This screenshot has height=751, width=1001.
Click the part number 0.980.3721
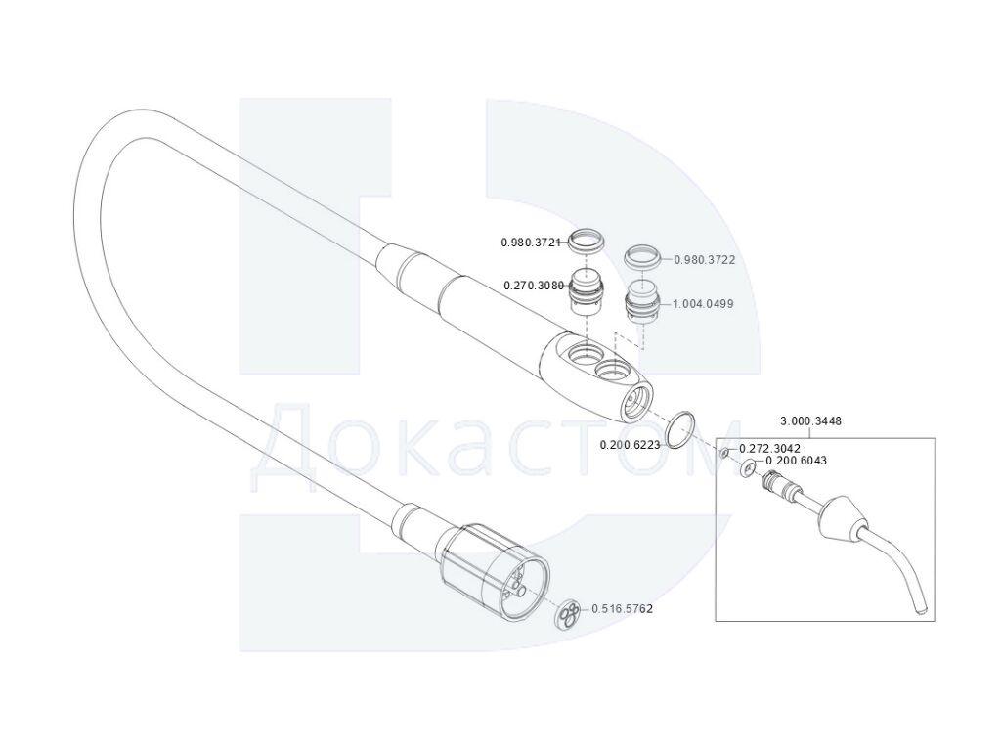(531, 243)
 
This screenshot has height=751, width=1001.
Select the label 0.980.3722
(705, 260)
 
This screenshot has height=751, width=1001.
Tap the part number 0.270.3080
(534, 286)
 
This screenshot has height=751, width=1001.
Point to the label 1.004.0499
(703, 304)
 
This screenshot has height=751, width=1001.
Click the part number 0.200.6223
(631, 445)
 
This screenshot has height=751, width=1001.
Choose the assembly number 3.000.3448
(811, 421)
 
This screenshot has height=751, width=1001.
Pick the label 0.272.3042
(770, 449)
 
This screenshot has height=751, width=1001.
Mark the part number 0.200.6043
(796, 461)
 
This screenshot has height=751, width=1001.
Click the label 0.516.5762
(623, 609)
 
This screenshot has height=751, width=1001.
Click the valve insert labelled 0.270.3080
(587, 291)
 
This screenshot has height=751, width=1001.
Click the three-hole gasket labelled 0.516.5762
(568, 614)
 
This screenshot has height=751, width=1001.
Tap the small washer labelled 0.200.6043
(748, 468)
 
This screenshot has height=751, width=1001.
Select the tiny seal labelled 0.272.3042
(724, 454)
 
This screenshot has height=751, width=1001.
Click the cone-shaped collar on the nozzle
(838, 516)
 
